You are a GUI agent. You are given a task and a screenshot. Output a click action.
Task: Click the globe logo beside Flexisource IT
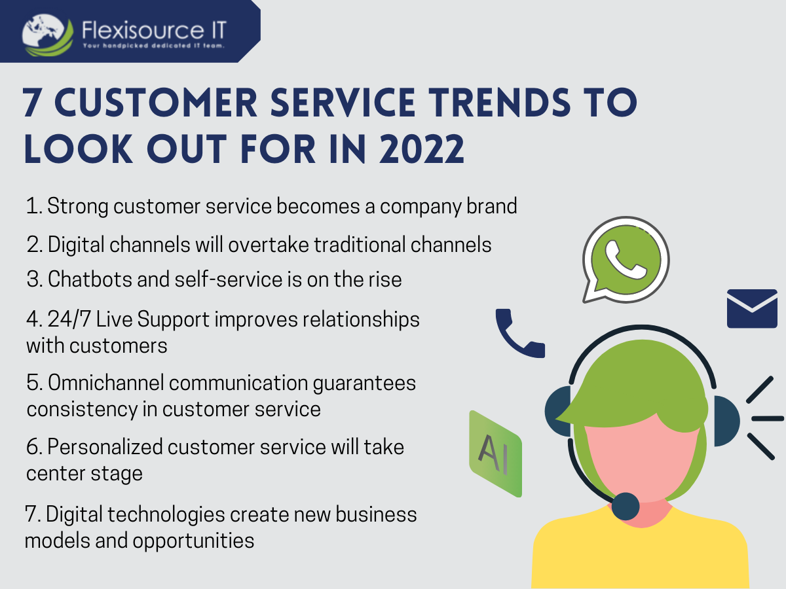(x=48, y=35)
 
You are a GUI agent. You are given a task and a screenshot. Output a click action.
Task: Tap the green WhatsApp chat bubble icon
(x=626, y=260)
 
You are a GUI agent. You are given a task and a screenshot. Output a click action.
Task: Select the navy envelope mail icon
(x=752, y=308)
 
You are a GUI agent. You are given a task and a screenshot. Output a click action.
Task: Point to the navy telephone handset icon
(x=519, y=333)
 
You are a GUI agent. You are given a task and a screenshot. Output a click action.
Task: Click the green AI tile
(x=496, y=454)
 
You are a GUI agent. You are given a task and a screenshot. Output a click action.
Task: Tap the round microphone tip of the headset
(x=626, y=506)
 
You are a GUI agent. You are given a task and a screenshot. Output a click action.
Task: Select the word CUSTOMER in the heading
(x=156, y=102)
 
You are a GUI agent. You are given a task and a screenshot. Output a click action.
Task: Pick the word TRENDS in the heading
(x=499, y=102)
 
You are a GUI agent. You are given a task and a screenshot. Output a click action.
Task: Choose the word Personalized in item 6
(x=105, y=447)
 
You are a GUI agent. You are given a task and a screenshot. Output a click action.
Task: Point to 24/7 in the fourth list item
(x=69, y=319)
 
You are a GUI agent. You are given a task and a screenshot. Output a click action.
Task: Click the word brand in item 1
(x=492, y=206)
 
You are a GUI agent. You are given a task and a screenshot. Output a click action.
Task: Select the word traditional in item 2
(x=360, y=245)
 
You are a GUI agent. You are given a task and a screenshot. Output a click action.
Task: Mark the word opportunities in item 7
(x=193, y=541)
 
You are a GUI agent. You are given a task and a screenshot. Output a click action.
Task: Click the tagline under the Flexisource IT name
(x=154, y=45)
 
